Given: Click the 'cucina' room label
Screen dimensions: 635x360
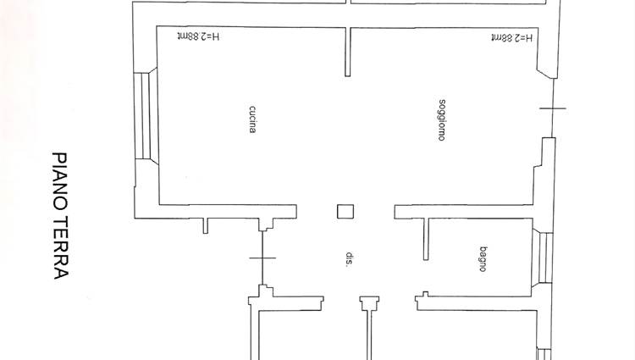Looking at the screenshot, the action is [252, 119].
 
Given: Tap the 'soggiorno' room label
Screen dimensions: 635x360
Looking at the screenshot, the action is [442, 120].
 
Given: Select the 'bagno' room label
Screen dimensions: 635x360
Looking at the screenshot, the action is [483, 258].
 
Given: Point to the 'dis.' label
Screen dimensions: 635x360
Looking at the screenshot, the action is [349, 259].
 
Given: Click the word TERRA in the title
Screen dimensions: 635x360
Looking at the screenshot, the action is [60, 247].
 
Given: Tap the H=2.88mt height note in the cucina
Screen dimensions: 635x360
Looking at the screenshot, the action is [198, 37].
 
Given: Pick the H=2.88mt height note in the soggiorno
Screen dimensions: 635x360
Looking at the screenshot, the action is [512, 37].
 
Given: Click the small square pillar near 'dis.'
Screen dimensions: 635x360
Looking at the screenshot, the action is [345, 212].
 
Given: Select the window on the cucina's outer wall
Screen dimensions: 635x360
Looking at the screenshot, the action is [146, 116].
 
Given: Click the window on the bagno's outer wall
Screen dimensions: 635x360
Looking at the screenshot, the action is [543, 258].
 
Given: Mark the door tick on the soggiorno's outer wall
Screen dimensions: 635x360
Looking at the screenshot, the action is [553, 108].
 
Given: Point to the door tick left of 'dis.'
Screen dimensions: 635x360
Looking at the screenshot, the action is [262, 258].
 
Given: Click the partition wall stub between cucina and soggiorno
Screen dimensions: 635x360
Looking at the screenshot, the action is [348, 52].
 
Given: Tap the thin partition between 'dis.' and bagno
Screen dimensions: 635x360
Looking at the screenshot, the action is [426, 239].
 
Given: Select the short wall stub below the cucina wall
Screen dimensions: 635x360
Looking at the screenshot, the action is [206, 226].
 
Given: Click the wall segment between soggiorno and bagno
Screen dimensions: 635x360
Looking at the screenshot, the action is [463, 212].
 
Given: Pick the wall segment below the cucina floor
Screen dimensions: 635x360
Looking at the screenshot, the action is [228, 212].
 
